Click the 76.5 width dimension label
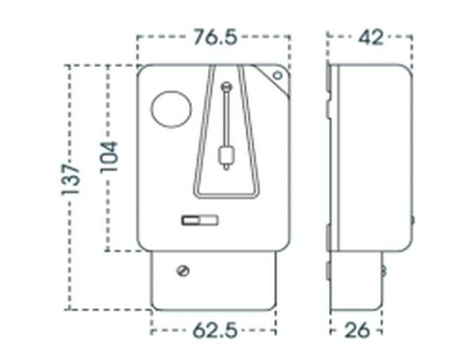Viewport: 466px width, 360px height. click(x=214, y=37)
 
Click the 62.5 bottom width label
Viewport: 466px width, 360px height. click(x=214, y=330)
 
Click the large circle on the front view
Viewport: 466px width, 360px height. click(x=170, y=109)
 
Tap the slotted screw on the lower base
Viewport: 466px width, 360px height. click(x=184, y=270)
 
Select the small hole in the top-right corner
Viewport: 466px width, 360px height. click(x=278, y=76)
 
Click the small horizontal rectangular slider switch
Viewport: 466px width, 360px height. click(x=199, y=219)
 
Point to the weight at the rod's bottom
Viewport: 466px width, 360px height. click(x=226, y=159)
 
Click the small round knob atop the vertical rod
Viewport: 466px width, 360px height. click(x=227, y=87)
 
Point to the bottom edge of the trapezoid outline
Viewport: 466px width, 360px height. click(x=226, y=194)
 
